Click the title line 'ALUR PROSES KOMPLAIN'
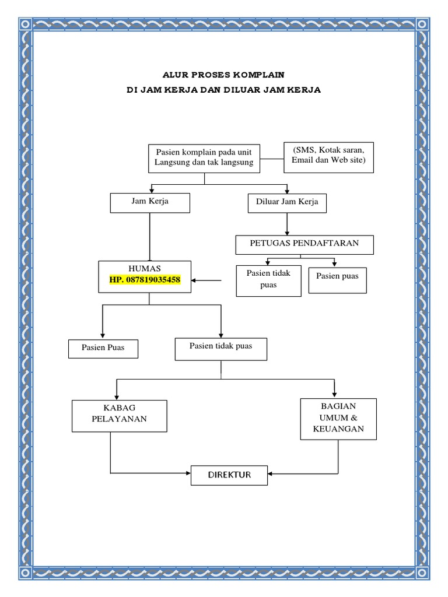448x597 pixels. click(224, 75)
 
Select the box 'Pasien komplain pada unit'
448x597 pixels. click(204, 157)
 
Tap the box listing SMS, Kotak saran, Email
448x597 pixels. click(328, 157)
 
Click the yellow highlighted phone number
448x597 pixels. click(145, 280)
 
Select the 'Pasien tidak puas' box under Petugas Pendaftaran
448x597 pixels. click(269, 280)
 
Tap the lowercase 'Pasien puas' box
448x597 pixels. click(338, 280)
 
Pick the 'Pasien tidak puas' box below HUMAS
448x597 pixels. click(221, 348)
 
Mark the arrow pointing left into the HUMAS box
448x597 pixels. click(208, 281)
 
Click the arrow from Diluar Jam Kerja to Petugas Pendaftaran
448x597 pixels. click(286, 224)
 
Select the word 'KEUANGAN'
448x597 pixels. click(338, 429)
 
